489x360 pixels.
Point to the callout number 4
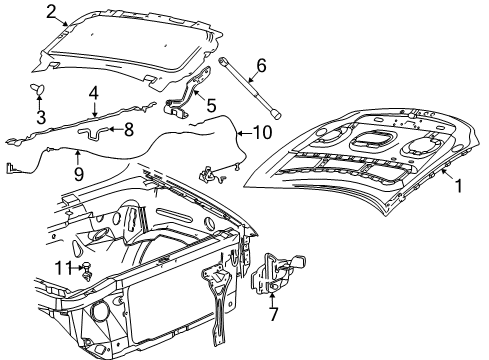[92, 92]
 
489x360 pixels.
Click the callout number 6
[260, 66]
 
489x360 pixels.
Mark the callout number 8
[128, 129]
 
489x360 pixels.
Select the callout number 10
[261, 132]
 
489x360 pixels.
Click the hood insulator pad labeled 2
[130, 45]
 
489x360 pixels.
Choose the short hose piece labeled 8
[103, 129]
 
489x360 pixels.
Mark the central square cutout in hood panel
[373, 140]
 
